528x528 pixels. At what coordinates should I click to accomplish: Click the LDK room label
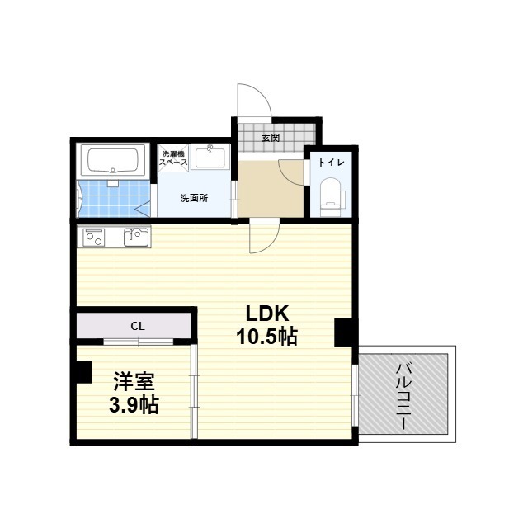[265, 313]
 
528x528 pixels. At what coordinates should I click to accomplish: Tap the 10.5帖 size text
[264, 337]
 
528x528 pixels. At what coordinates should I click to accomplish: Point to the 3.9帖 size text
[134, 405]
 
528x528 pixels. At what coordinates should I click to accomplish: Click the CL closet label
[137, 326]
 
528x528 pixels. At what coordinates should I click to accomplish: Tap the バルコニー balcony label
[404, 394]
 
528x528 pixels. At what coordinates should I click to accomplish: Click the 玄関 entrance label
[270, 137]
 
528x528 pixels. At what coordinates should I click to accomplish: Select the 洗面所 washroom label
[195, 198]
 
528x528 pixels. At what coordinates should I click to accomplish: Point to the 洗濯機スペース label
[174, 158]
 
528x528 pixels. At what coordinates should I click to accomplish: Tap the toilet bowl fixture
[331, 195]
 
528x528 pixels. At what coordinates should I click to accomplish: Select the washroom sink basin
[212, 157]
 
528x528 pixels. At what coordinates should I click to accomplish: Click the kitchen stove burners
[93, 238]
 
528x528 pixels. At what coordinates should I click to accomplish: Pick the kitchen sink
[136, 238]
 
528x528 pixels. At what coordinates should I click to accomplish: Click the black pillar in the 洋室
[82, 371]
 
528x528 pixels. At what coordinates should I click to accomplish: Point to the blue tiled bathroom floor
[111, 198]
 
